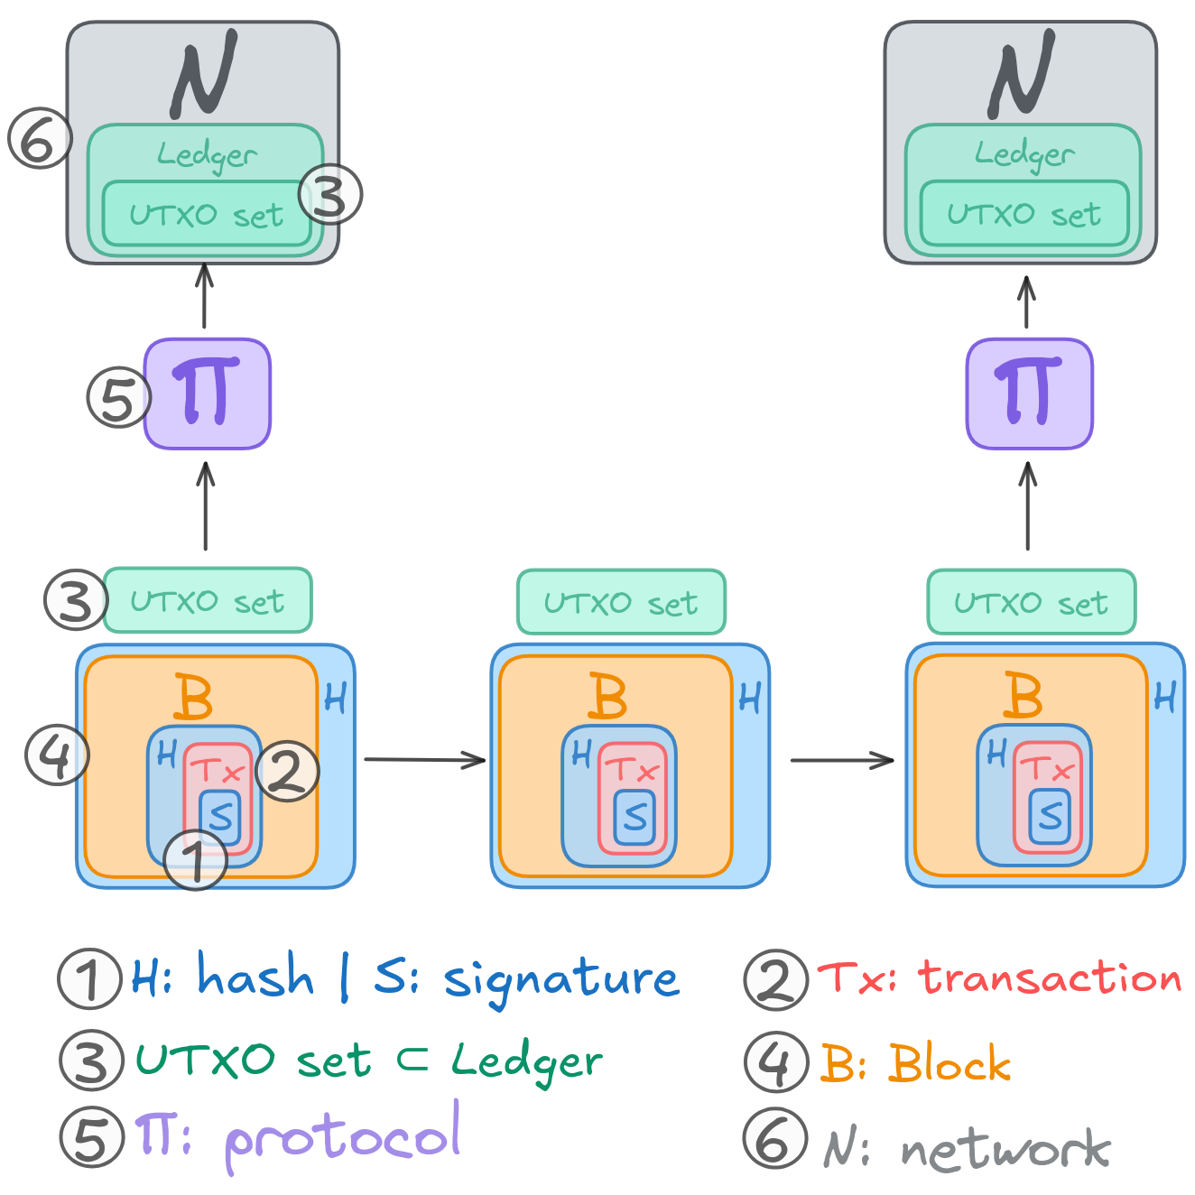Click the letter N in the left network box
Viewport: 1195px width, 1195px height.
click(x=205, y=74)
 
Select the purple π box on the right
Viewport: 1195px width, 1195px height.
click(x=1029, y=394)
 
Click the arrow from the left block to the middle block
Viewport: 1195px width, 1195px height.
click(x=424, y=760)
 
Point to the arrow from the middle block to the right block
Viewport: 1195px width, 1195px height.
click(x=841, y=761)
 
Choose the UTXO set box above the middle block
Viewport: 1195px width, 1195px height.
click(x=621, y=602)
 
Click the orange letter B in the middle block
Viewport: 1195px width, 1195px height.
click(x=607, y=696)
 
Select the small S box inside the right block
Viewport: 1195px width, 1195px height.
click(x=1050, y=817)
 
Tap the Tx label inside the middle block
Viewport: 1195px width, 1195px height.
click(x=633, y=770)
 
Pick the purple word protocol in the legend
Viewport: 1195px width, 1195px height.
click(x=343, y=1137)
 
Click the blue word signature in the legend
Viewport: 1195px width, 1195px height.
click(x=560, y=980)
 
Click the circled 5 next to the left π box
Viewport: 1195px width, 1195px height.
click(x=118, y=397)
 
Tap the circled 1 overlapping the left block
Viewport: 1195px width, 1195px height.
click(x=195, y=859)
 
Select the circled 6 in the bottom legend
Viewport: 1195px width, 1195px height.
click(x=774, y=1139)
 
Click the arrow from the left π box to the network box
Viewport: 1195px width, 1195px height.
click(x=205, y=296)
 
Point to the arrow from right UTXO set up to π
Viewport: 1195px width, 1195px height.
click(x=1027, y=505)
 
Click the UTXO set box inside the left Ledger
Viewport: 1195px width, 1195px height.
click(x=207, y=214)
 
